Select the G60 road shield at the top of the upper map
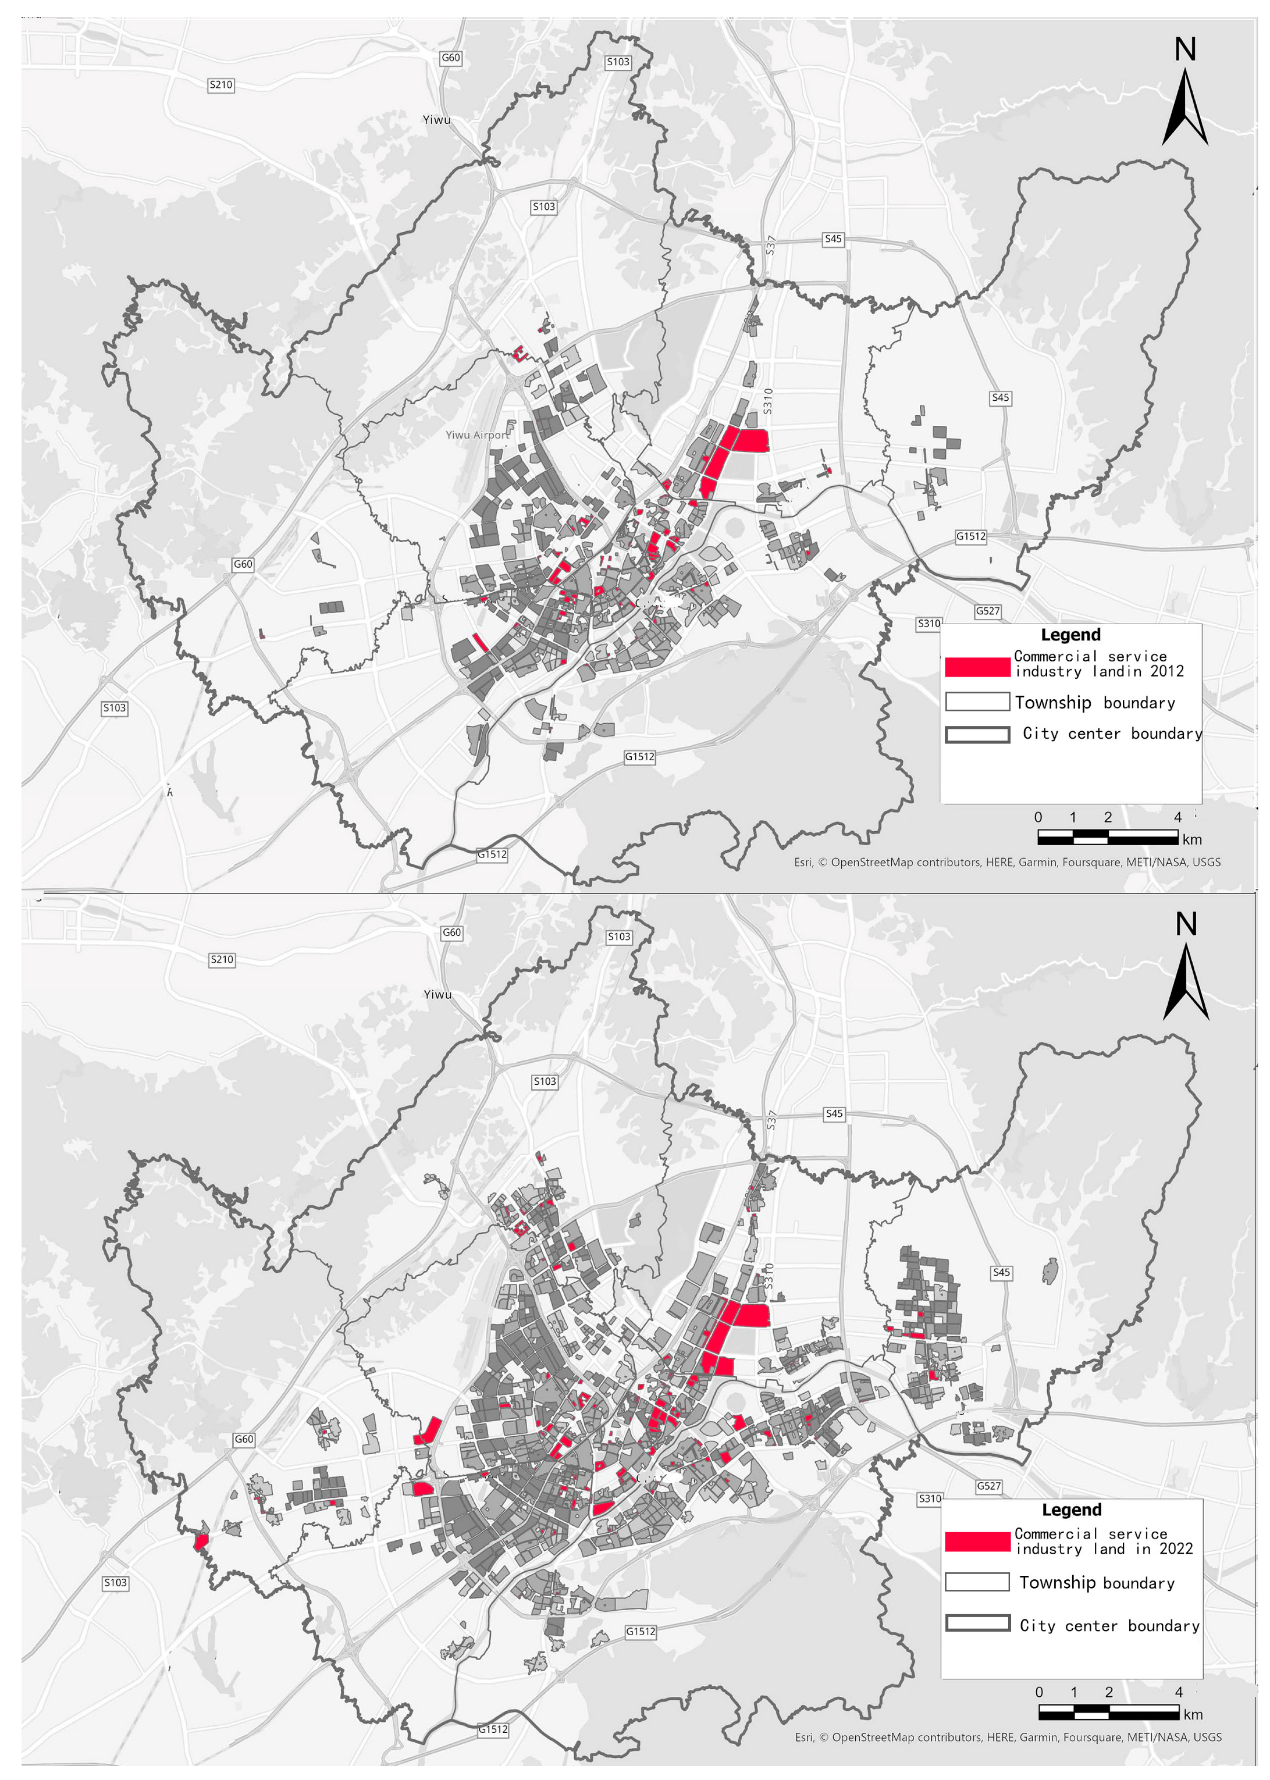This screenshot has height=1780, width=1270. point(450,58)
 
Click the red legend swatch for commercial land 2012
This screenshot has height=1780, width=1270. point(977,667)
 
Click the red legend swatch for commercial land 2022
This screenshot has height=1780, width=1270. point(977,1542)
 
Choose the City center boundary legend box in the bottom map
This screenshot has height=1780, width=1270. point(977,1623)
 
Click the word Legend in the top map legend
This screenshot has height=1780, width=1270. point(1070,635)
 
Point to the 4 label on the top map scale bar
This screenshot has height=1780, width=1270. point(1177,817)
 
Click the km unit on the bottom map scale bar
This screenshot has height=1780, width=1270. point(1193,1714)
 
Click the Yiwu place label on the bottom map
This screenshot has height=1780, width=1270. point(437,994)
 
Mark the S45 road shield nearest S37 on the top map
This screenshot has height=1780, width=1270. point(833,239)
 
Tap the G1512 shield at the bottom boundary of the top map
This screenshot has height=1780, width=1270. point(492,855)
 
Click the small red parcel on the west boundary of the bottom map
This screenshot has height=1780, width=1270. point(201,1542)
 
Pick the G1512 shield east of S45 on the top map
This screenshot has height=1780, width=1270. point(970,536)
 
